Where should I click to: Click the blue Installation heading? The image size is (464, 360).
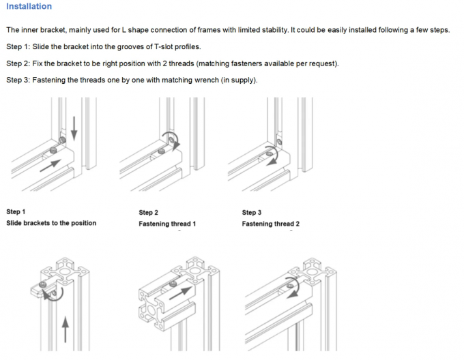pyautogui.click(x=29, y=7)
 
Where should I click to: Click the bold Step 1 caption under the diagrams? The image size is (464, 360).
pyautogui.click(x=16, y=212)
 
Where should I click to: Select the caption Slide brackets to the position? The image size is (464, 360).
pyautogui.click(x=51, y=223)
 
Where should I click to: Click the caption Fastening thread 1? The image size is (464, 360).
pyautogui.click(x=167, y=224)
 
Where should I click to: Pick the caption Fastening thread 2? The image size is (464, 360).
pyautogui.click(x=270, y=224)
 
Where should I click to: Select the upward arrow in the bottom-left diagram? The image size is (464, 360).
pyautogui.click(x=66, y=331)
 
